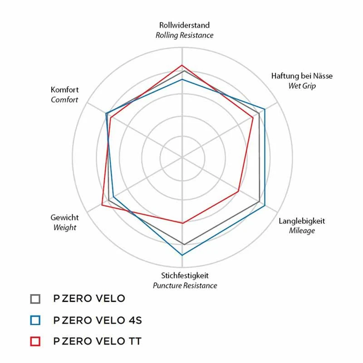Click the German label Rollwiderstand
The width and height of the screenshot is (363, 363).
[x=184, y=25]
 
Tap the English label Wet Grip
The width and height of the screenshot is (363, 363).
[x=302, y=85]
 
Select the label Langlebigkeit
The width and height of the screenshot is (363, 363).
[x=302, y=221]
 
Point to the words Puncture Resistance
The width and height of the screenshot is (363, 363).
[x=185, y=285]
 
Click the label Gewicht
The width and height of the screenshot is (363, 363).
[x=65, y=218]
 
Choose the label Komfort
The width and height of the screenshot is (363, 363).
[x=64, y=90]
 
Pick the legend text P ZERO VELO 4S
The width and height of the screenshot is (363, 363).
[x=98, y=320]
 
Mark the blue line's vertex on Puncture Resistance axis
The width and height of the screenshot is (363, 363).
[x=182, y=255]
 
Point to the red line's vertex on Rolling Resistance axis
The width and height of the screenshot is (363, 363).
[x=182, y=65]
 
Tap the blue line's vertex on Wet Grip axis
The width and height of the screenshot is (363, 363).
[x=265, y=109]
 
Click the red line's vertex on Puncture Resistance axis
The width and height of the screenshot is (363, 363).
[x=182, y=223]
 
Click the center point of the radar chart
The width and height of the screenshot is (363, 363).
[x=182, y=157]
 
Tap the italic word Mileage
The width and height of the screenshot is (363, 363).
[x=302, y=231]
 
